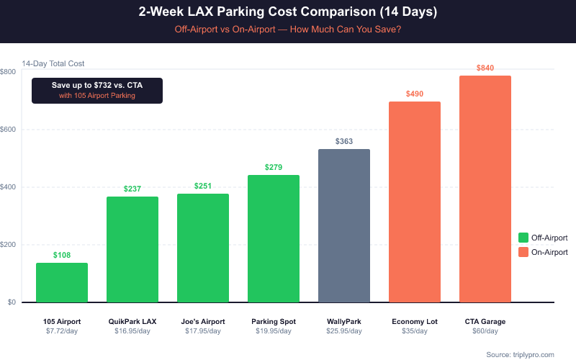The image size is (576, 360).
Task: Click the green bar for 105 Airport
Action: pos(62,282)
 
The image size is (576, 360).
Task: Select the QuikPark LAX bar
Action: pos(132,249)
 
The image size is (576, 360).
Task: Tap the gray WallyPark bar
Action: pos(344,225)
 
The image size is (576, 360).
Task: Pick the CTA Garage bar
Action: pos(485,189)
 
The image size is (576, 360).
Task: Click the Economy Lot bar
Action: pos(415,202)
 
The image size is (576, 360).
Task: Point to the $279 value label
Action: pos(274,167)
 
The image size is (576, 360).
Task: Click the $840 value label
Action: pos(485,68)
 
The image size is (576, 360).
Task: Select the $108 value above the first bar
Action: pos(62,255)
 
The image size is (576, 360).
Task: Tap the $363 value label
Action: pos(344,141)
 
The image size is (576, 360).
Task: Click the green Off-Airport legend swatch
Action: pos(523,238)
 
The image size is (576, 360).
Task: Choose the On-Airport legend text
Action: pos(549,252)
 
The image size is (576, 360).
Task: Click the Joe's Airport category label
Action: pos(203,321)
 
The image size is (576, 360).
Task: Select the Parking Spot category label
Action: pos(274,321)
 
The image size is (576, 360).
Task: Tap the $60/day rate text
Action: pos(485,331)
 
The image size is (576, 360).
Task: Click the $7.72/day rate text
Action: pos(62,331)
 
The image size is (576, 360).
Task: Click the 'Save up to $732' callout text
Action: pos(97,85)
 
